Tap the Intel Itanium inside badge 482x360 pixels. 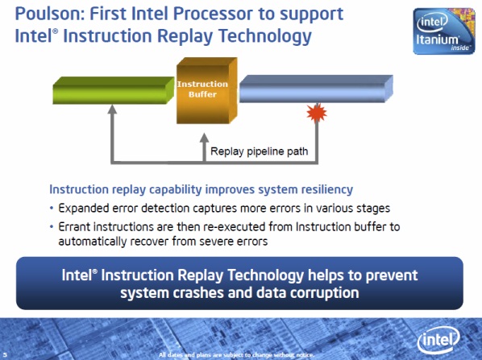(444, 31)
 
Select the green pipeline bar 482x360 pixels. (114, 90)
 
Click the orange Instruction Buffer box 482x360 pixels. (206, 91)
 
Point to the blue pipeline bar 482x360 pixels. (316, 89)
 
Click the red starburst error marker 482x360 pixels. (317, 113)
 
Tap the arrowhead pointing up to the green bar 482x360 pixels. (113, 109)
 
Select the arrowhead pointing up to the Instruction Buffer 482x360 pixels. (204, 138)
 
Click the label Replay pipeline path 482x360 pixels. (260, 151)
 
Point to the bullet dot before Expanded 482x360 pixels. (52, 209)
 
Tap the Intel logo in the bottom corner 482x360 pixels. (438, 340)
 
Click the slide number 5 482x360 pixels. (5, 355)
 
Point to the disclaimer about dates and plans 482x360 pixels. (237, 355)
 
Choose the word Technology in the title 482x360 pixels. (265, 36)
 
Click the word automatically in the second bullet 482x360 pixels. (92, 242)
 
